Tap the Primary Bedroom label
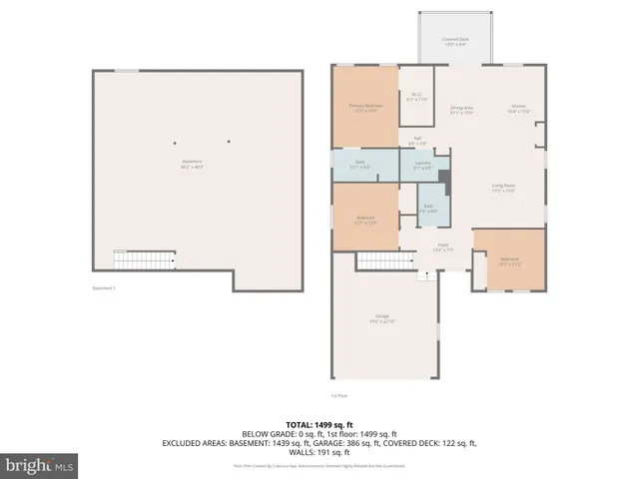[365, 108]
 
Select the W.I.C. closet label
[416, 98]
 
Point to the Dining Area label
[461, 110]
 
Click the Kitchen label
[519, 110]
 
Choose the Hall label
[417, 141]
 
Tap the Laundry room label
[422, 165]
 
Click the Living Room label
[502, 188]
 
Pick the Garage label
[382, 318]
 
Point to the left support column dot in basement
[175, 141]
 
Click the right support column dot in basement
[228, 141]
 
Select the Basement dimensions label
[191, 165]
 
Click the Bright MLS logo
[42, 465]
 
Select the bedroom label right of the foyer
[509, 261]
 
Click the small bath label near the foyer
[427, 211]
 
